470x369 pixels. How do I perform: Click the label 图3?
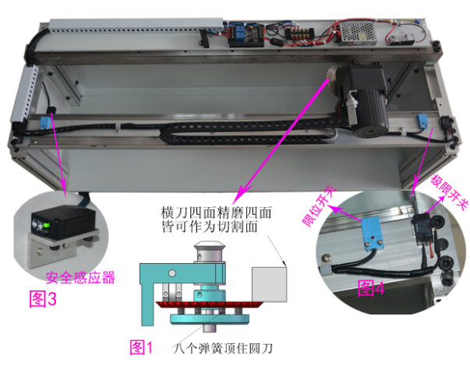pyautogui.click(x=43, y=298)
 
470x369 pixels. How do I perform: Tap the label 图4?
pyautogui.click(x=371, y=288)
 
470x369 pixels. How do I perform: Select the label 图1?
pyautogui.click(x=141, y=347)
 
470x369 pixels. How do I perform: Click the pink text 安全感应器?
pyautogui.click(x=80, y=277)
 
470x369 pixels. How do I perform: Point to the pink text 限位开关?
pyautogui.click(x=319, y=206)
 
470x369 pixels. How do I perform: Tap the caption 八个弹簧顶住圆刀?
pyautogui.click(x=223, y=348)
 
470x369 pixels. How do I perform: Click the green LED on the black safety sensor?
pyautogui.click(x=46, y=225)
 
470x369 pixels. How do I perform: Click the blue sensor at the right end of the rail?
pyautogui.click(x=423, y=121)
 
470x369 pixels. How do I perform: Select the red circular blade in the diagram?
pyautogui.click(x=209, y=305)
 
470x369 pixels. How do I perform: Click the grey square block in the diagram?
pyautogui.click(x=269, y=284)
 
